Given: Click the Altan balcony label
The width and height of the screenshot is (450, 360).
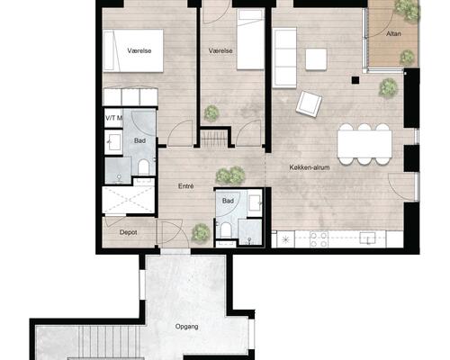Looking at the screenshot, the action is [x=393, y=33].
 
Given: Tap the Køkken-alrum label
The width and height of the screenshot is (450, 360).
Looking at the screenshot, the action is [x=310, y=167].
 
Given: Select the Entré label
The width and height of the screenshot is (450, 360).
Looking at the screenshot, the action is [x=185, y=186].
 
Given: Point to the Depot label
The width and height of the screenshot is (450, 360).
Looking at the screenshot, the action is [x=128, y=232].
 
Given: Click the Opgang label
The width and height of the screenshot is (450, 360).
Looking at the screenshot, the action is [x=186, y=327].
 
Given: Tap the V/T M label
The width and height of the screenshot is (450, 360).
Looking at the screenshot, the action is [x=113, y=118].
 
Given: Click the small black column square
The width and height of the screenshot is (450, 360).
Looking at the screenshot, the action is [x=355, y=80].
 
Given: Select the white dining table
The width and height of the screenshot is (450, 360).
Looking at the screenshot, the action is [x=364, y=144].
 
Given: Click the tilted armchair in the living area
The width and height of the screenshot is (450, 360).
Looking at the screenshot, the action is [x=309, y=103].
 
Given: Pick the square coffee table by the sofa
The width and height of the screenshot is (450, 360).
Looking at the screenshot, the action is [x=316, y=59].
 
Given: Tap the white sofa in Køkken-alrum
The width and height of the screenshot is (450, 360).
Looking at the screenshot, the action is [x=284, y=58].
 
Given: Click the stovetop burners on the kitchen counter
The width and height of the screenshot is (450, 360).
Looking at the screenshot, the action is [x=319, y=239].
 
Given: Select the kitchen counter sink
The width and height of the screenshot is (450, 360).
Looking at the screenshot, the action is [x=367, y=238].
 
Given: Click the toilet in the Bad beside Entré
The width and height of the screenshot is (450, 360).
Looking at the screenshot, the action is [x=226, y=230].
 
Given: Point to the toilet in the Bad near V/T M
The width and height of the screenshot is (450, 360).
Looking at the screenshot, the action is [x=143, y=167].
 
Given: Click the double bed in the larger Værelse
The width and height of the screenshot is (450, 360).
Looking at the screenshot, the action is [x=133, y=50].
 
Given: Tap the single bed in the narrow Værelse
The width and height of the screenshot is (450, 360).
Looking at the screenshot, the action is [x=250, y=40].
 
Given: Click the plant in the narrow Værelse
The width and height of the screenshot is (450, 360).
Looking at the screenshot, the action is [x=211, y=113].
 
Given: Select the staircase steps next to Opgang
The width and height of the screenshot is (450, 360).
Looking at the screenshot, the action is [x=110, y=342].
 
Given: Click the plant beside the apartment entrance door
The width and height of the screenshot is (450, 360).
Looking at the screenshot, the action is [x=201, y=232].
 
